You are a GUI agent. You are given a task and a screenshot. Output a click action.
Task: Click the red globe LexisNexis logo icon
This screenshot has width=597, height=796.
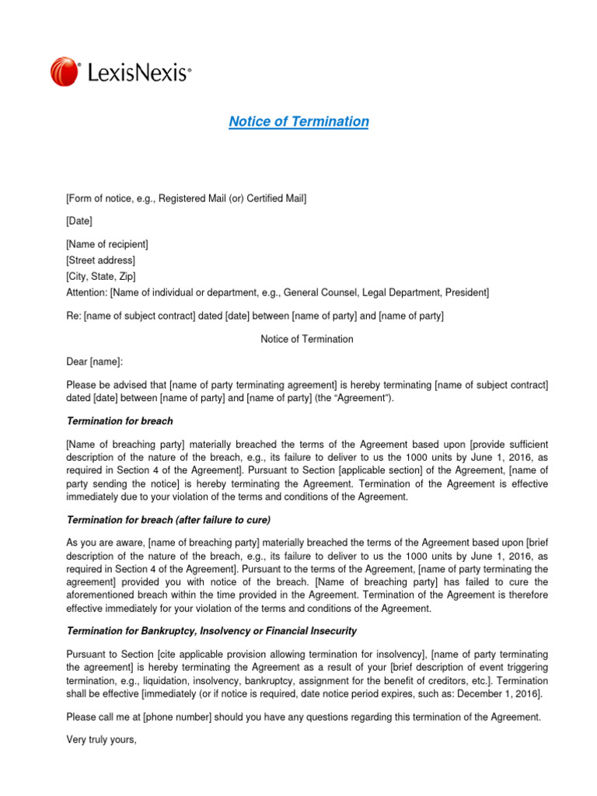[65, 72]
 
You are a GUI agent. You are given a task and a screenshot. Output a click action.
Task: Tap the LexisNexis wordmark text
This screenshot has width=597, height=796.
[139, 73]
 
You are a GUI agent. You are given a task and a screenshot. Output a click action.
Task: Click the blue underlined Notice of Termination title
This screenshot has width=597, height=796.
[298, 122]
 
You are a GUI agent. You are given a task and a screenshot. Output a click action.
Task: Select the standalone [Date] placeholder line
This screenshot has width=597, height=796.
[79, 222]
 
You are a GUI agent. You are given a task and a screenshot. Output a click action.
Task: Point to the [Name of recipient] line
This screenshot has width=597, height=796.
[107, 245]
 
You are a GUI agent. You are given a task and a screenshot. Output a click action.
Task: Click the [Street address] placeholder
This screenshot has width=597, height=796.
[100, 260]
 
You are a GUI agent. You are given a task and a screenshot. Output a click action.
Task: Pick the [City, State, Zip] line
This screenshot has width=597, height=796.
[106, 276]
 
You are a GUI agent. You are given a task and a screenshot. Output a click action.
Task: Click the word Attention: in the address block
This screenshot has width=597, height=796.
[86, 292]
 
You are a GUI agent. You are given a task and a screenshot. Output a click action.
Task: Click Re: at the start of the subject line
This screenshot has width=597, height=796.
[73, 316]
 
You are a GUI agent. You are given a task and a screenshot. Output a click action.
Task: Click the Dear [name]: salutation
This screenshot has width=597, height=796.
[94, 362]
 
